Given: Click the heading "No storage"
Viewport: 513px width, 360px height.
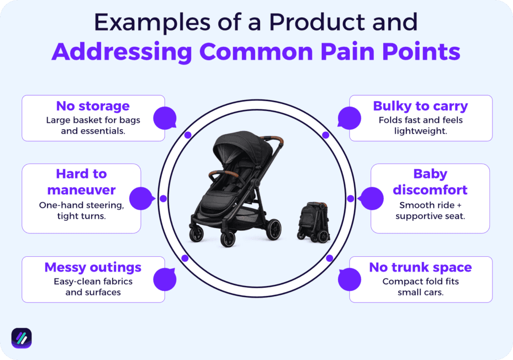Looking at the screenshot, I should coord(93,106).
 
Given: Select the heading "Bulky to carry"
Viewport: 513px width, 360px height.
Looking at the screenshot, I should coord(420,106).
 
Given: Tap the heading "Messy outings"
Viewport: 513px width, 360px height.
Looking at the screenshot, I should coord(93,267).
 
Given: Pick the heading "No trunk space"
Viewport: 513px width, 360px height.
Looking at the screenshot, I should coord(420,267).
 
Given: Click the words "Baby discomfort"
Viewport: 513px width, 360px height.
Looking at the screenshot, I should coord(430,182).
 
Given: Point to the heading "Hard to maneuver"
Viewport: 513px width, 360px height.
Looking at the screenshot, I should coord(82,182).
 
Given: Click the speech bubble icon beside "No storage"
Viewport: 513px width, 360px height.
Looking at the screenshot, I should coord(164,119).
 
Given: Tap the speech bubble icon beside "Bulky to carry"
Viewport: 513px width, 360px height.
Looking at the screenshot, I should coord(349,119).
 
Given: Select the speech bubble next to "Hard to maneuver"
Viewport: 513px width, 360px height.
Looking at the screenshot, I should coord(141,198).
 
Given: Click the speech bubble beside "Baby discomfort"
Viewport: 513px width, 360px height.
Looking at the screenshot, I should coord(372,198).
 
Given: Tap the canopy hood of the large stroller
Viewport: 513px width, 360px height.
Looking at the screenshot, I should coord(236,145).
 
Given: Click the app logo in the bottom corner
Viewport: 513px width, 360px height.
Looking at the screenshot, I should coord(22,338).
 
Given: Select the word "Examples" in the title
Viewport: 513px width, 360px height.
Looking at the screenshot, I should coord(149,23).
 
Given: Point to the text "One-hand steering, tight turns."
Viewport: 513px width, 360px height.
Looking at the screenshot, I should coord(82,210).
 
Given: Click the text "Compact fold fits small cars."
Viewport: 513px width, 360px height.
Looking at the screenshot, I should coord(420,286).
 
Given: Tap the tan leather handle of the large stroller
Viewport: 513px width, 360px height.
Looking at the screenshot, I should coord(274,141).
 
